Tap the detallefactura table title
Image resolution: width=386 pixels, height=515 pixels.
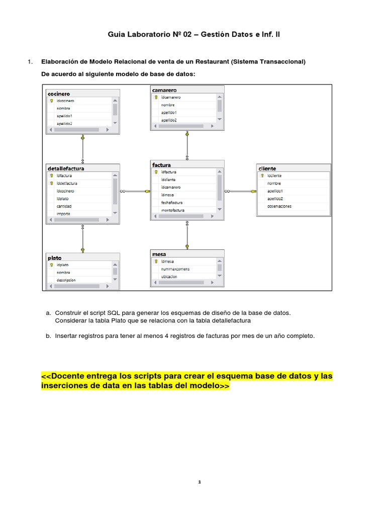coord(66,168)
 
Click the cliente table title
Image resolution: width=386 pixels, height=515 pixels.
coord(267,168)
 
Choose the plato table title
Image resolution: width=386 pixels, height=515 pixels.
coord(55,258)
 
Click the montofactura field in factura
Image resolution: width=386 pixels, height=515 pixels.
coord(173,210)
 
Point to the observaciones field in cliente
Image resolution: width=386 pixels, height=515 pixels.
coord(279,206)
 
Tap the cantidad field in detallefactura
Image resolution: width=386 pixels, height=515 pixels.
coord(64,206)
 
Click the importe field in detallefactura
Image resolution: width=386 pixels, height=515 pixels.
coord(63,214)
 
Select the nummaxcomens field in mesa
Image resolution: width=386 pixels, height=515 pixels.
coord(175,269)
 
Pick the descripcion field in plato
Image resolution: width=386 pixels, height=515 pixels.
coord(66,280)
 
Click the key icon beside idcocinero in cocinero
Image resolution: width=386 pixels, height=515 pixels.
coord(51,101)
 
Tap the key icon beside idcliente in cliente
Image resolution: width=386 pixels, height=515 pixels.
coord(262,176)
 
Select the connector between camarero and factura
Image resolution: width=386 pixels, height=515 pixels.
coord(187,146)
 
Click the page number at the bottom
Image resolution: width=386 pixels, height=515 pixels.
coord(200,482)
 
